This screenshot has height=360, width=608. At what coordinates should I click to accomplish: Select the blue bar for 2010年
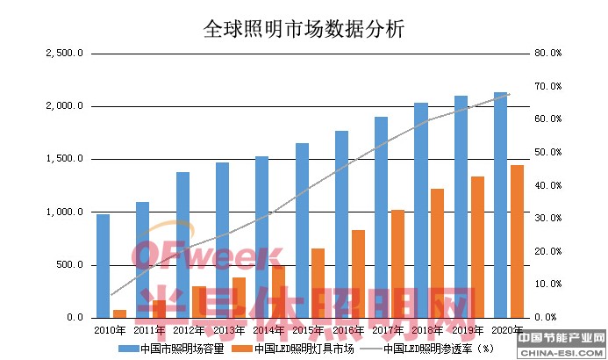point(103,265)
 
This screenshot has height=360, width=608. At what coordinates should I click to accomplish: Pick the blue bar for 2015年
point(302,230)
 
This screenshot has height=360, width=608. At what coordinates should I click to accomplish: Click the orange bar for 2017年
point(397,263)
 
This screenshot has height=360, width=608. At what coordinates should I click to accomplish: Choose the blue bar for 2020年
point(500,205)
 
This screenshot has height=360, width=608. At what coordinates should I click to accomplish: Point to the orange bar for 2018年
point(437,253)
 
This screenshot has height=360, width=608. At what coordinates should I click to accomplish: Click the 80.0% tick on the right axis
point(547,54)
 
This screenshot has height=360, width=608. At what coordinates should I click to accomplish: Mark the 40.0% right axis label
point(547,185)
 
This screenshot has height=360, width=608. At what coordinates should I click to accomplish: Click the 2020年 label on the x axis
point(509,330)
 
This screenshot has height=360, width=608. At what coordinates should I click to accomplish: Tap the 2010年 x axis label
point(111,330)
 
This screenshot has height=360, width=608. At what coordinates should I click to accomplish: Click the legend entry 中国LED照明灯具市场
point(304,348)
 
